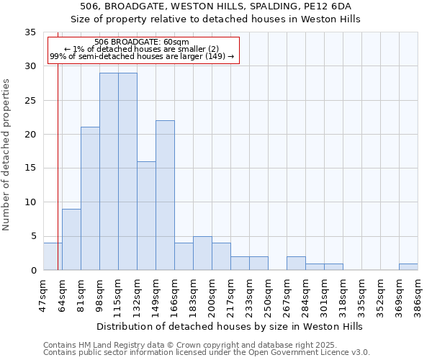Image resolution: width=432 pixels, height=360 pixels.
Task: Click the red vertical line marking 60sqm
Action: point(58,158)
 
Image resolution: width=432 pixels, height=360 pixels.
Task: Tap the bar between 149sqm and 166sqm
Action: point(165,195)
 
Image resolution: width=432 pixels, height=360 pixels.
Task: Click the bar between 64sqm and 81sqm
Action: point(71,239)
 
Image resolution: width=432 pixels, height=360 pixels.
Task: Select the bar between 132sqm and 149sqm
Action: point(146,215)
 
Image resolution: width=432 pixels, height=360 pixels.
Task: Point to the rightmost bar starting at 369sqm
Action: point(408,266)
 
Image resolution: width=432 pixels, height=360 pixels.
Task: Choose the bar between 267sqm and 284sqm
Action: point(296,263)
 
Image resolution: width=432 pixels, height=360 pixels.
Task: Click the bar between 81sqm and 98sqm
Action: point(90,199)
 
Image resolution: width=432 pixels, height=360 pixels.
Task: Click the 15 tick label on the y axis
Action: point(30,168)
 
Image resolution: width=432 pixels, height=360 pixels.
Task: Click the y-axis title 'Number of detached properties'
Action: point(7,155)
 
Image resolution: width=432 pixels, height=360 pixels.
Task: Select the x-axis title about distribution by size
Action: point(230,326)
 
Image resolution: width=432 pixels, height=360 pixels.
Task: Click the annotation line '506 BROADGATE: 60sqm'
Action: point(142,42)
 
